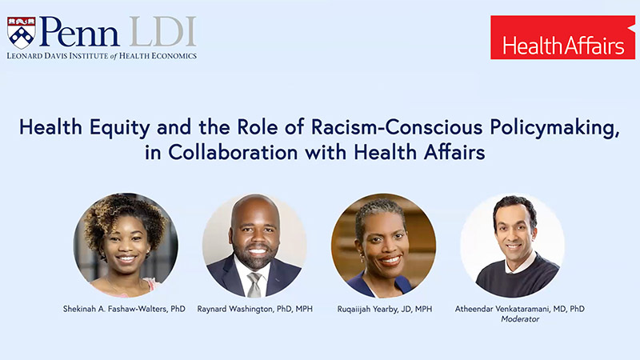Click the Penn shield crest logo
(x=22, y=32)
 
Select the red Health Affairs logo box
(x=562, y=38)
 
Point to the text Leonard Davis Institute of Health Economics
(x=102, y=55)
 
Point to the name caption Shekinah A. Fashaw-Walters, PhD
(x=126, y=307)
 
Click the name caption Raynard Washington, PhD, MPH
(x=254, y=307)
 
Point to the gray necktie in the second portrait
(x=254, y=284)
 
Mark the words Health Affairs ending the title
(x=432, y=153)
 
